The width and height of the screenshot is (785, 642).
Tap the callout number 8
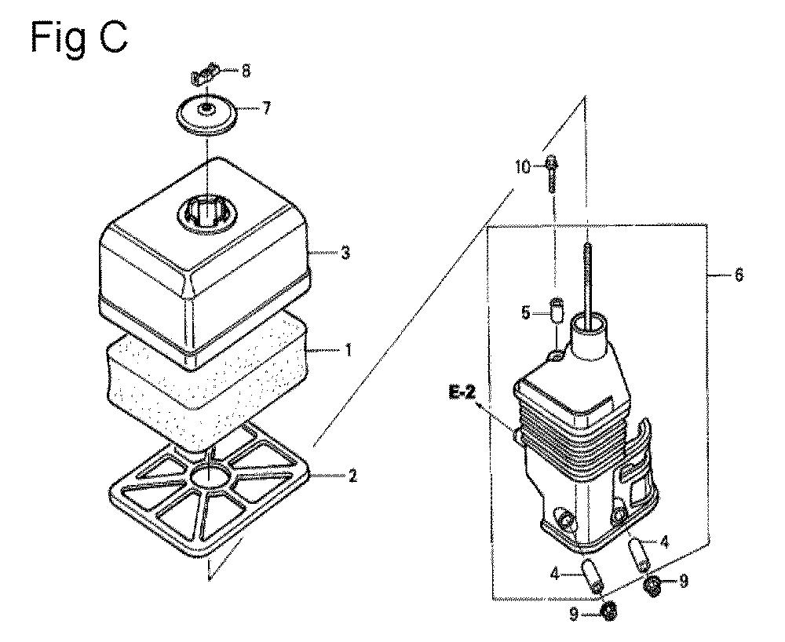(x=245, y=71)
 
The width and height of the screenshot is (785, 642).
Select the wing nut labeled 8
(x=205, y=74)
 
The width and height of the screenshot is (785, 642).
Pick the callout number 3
(x=345, y=253)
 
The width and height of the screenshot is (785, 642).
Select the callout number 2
(x=352, y=476)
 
